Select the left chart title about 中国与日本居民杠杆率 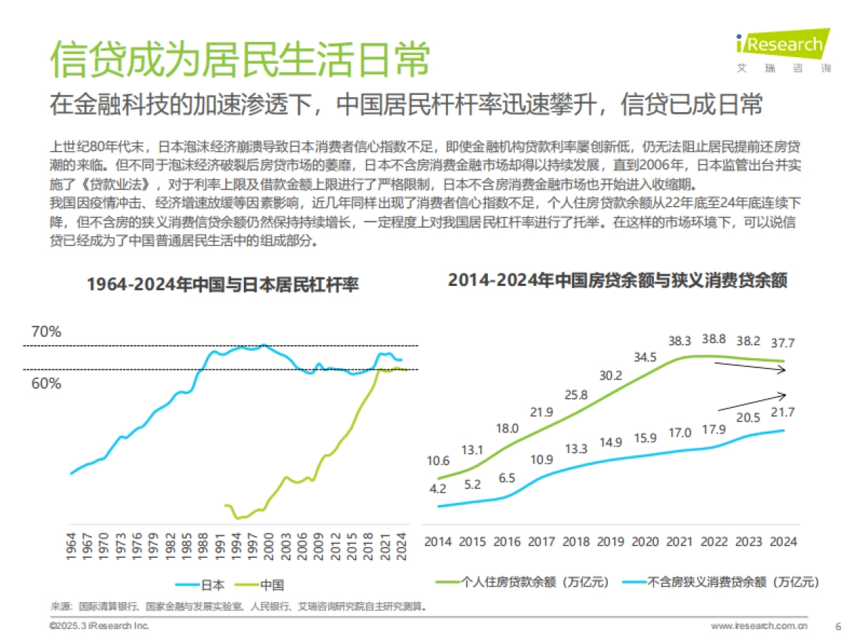click(223, 285)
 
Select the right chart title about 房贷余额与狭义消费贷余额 click(618, 280)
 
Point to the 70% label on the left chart click(46, 332)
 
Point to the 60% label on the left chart click(46, 383)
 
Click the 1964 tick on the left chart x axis click(71, 547)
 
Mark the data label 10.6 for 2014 click(438, 460)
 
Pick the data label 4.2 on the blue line click(438, 489)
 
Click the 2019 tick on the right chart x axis click(611, 541)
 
